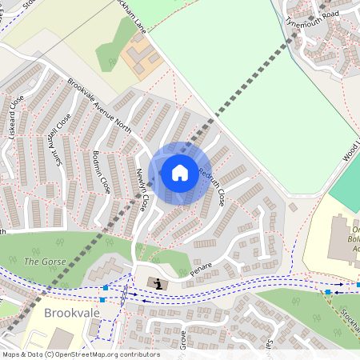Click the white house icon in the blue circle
pyautogui.click(x=180, y=172)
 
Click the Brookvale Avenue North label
pyautogui.click(x=99, y=109)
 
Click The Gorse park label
pyautogui.click(x=42, y=262)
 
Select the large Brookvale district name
pyautogui.click(x=74, y=312)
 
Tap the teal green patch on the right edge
pyautogui.click(x=347, y=180)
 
